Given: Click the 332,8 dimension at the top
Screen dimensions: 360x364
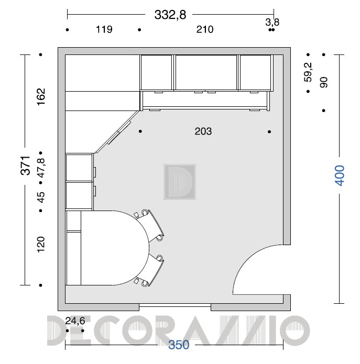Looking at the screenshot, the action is (170, 15).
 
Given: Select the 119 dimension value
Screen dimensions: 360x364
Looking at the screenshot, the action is (104, 29).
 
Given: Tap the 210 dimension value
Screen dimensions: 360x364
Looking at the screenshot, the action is (204, 29).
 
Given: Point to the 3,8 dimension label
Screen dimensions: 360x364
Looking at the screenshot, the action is (272, 23).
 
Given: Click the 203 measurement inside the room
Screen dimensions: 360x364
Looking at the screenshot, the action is (203, 131).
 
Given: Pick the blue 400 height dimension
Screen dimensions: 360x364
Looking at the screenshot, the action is (340, 175).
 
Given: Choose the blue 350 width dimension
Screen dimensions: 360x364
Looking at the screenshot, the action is (179, 345).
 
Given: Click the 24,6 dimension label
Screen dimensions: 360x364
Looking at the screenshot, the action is (75, 321).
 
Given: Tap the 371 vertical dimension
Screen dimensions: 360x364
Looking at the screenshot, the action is (26, 166).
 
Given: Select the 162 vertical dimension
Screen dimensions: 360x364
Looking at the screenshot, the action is (41, 97).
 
